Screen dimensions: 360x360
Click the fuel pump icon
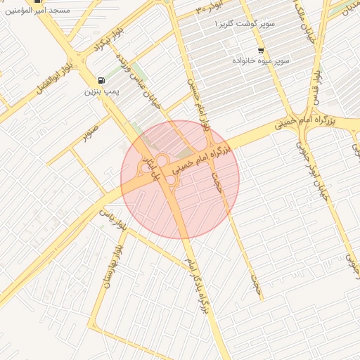pos(103,80)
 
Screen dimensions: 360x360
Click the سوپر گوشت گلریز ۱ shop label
pos(245,24)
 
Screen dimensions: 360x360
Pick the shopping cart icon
pos(262,51)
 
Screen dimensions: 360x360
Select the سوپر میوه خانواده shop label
pos(262,61)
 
